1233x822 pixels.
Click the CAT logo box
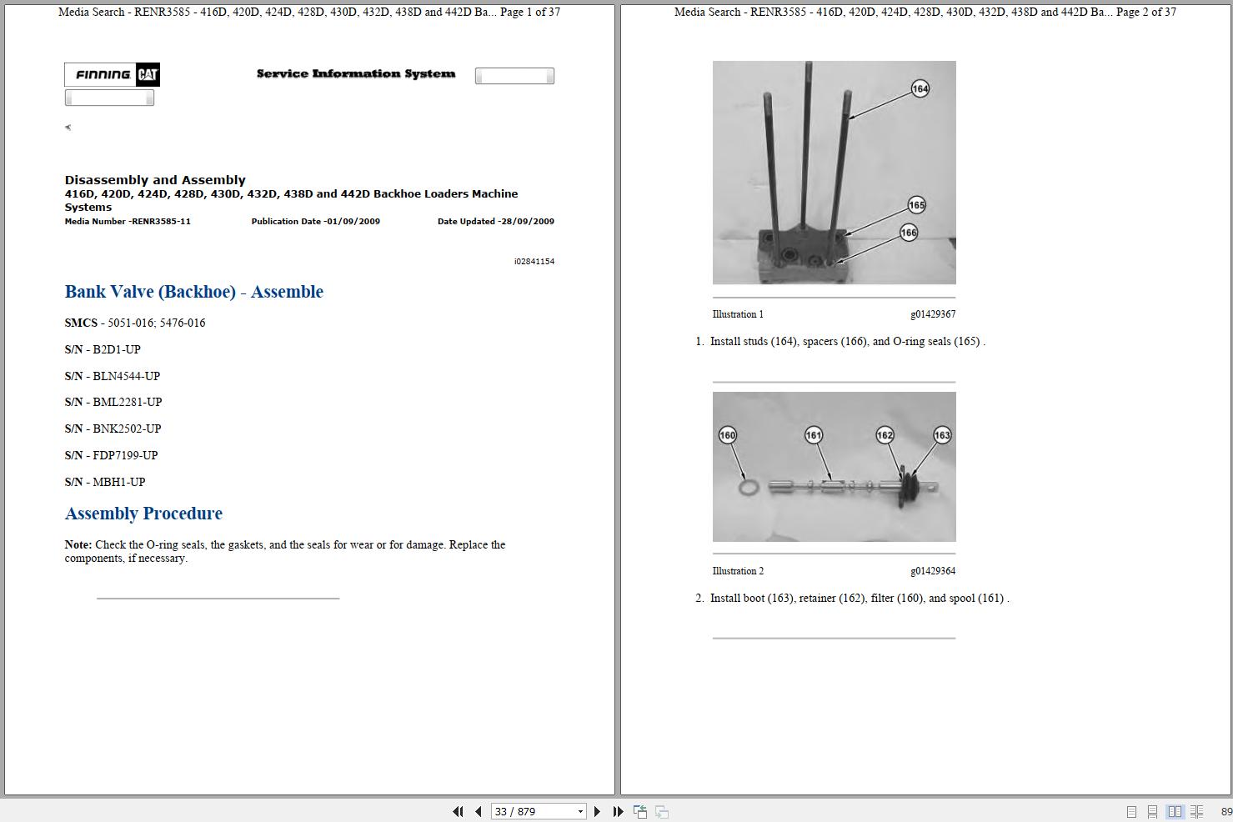tap(148, 74)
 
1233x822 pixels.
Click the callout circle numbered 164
tap(920, 88)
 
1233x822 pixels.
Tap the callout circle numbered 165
tap(916, 205)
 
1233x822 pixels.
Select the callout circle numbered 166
tap(908, 233)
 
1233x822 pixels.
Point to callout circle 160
tap(727, 435)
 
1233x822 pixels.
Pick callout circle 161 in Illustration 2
tap(814, 435)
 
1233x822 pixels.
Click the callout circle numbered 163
tap(942, 435)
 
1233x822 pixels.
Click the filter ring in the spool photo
tap(748, 487)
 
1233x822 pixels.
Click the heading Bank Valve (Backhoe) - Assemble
tap(193, 292)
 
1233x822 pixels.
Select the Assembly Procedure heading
tap(143, 514)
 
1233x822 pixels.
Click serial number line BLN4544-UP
tap(113, 376)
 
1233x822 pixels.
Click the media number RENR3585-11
tap(161, 221)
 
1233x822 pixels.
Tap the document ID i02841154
tap(534, 262)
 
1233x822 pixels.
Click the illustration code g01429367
tap(933, 314)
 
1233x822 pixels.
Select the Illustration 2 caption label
tap(738, 571)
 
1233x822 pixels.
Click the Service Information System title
tap(356, 73)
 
